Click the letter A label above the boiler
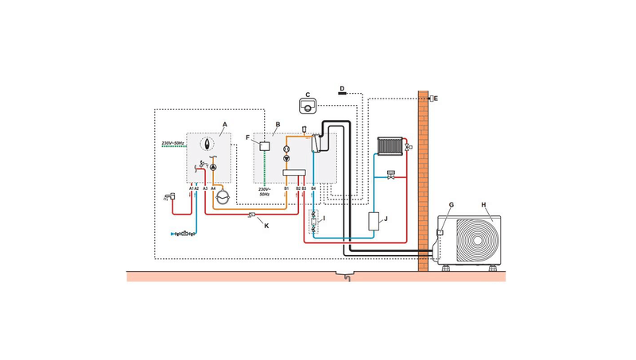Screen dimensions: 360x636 (225, 125)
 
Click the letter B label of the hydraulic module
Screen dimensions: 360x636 (277, 125)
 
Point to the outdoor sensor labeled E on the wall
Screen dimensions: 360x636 (429, 99)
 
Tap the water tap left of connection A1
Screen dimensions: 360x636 (168, 195)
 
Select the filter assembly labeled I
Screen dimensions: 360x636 (313, 219)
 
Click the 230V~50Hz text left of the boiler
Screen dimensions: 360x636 (173, 143)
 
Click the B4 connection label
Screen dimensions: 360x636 (313, 189)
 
